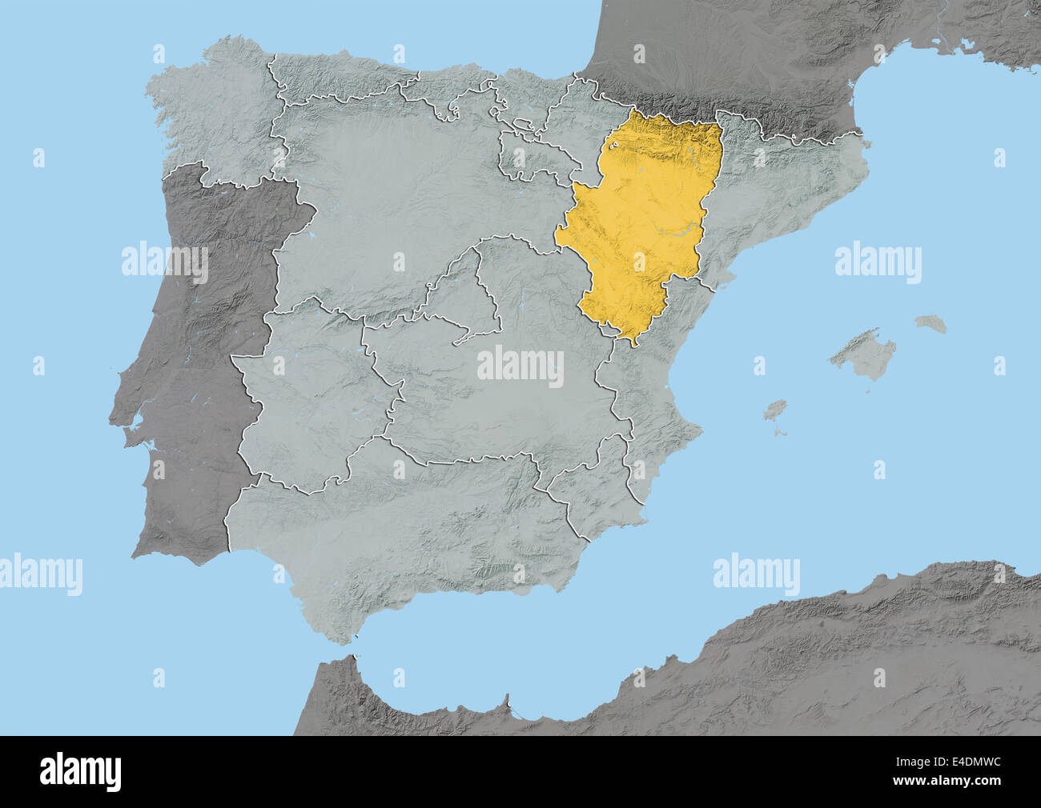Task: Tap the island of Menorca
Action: (x=931, y=324)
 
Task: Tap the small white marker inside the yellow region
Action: (x=615, y=146)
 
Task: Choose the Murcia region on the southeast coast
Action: (x=589, y=496)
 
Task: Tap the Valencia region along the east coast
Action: (x=649, y=400)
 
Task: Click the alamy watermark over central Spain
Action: (x=520, y=367)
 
